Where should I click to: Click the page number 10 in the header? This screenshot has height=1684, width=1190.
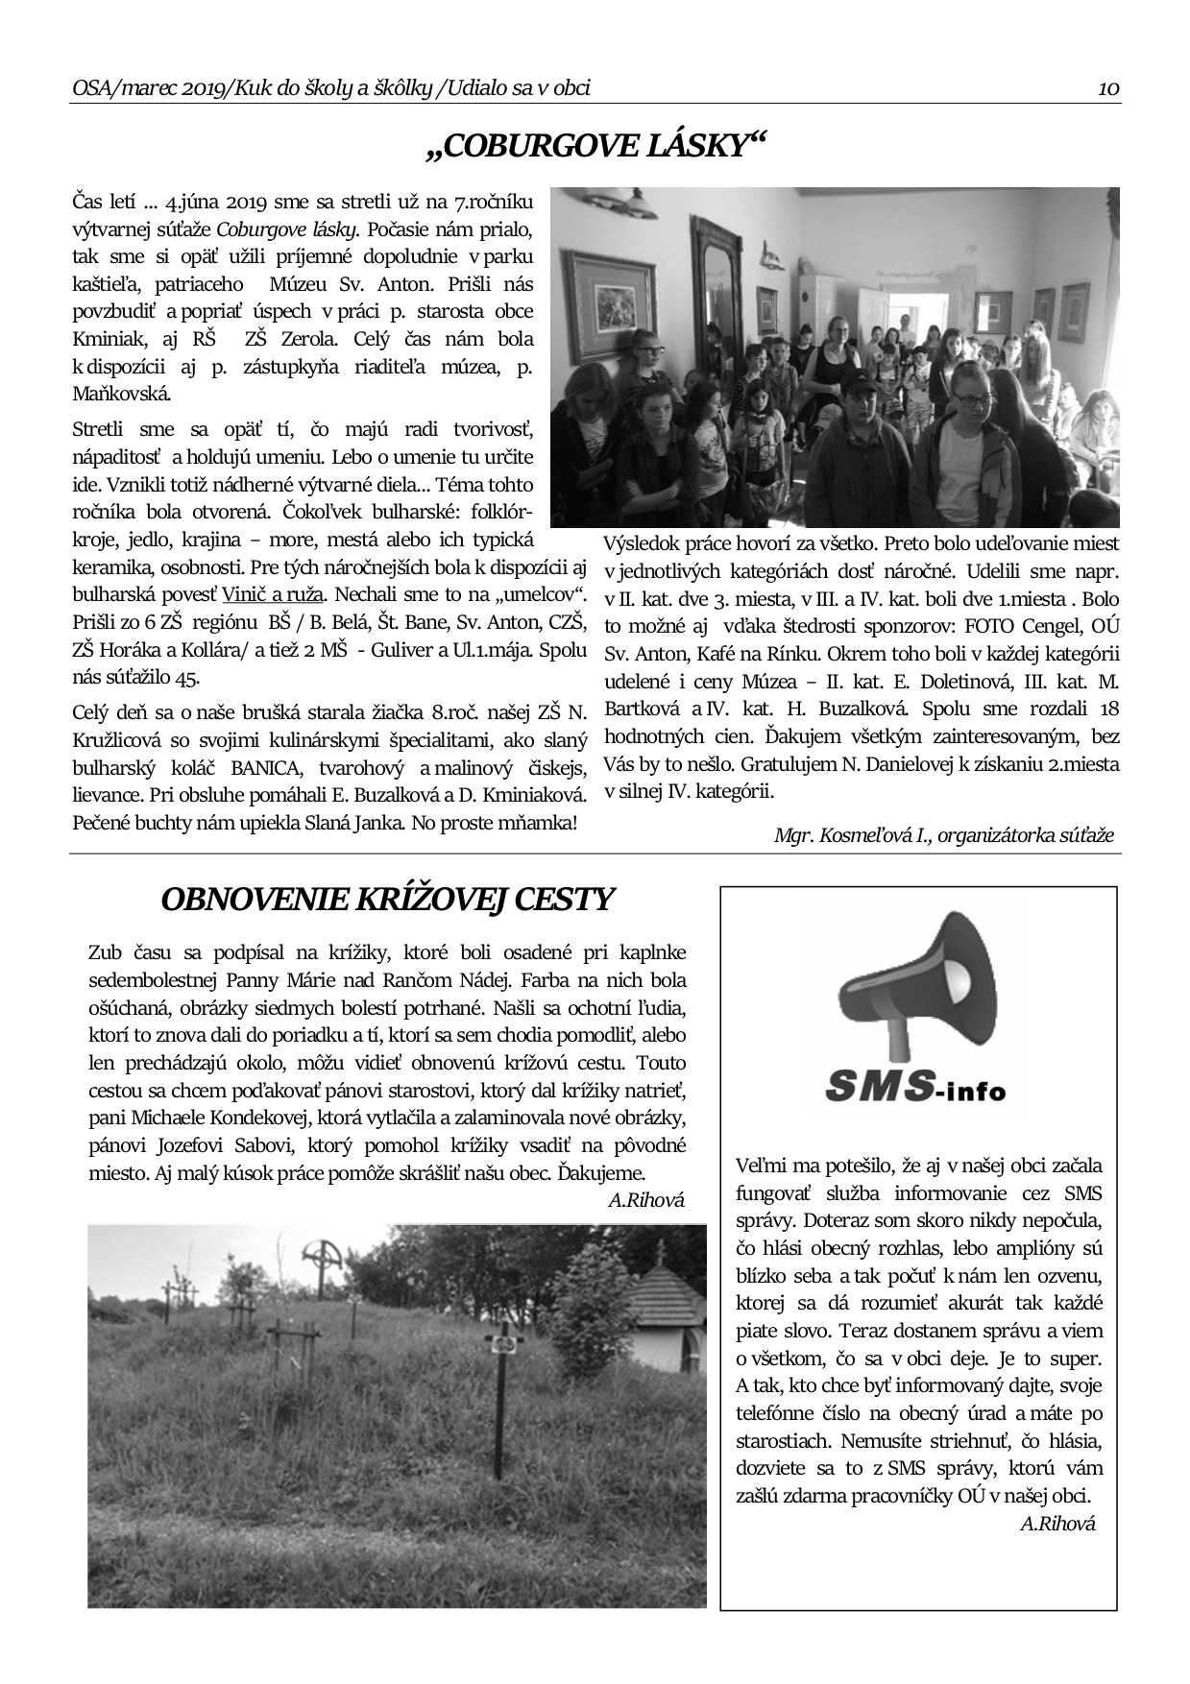point(1108,89)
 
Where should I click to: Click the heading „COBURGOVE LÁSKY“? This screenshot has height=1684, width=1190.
point(595,146)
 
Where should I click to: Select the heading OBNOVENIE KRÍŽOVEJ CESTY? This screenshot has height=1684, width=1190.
point(386,900)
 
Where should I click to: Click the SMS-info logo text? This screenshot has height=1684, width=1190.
point(915,1087)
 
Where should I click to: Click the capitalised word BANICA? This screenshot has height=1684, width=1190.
point(260,768)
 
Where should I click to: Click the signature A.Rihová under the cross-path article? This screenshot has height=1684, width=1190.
point(646,1199)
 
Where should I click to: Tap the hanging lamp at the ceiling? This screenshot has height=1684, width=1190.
point(629,202)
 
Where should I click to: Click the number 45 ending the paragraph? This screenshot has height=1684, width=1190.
point(186,677)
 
